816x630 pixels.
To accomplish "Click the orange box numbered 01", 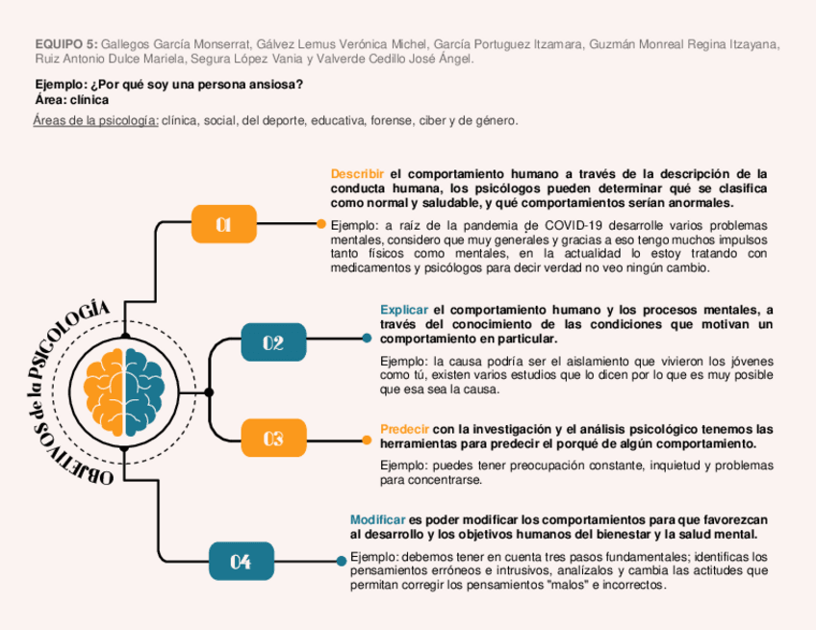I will coord(224,224).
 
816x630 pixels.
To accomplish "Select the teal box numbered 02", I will coord(273,342).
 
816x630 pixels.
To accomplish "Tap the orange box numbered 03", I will coord(273,439).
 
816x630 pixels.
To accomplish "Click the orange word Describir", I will coord(357,174).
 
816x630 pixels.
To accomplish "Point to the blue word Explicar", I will coord(404,310).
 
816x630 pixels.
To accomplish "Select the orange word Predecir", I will coord(404,429).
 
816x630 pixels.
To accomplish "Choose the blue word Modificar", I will coord(377,519).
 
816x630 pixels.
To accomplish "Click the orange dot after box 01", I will coord(321,224).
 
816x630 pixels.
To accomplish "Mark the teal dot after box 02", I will coord(367,338).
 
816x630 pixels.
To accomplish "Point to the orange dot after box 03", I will coord(367,441).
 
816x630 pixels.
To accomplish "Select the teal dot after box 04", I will coord(341,560).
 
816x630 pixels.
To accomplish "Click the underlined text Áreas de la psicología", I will coord(95,120).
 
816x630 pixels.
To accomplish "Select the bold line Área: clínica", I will coord(71,99).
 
